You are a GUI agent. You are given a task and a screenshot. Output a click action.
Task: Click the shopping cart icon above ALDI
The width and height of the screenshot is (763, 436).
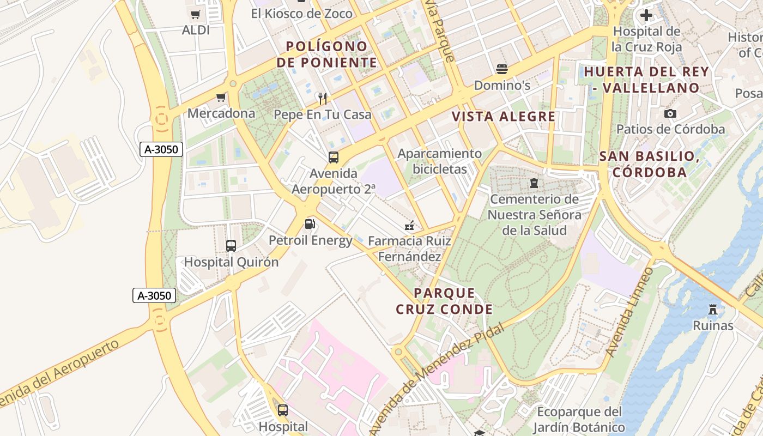click(195, 15)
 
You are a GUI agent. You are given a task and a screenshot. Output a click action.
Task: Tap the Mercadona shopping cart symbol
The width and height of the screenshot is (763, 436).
click(221, 98)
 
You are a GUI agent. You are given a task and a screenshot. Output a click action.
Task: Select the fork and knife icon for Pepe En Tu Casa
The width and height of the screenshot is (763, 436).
click(323, 99)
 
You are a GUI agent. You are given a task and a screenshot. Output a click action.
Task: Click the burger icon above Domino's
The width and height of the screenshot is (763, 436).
click(502, 69)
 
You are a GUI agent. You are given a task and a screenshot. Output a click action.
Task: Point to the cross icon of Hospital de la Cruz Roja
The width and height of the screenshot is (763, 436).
click(646, 15)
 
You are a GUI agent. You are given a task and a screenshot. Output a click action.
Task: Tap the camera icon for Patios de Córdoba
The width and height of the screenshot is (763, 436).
click(670, 113)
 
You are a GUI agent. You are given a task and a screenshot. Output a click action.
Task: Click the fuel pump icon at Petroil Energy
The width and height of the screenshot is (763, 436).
click(310, 224)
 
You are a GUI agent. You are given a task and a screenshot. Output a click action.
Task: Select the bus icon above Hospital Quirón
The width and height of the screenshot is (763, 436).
click(231, 246)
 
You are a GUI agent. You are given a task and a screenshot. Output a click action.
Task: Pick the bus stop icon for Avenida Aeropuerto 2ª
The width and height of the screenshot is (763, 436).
click(334, 158)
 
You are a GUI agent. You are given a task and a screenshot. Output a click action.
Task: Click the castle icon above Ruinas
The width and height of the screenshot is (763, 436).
click(713, 310)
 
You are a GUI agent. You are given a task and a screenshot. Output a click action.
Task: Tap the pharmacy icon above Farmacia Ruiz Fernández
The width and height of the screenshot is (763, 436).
click(409, 225)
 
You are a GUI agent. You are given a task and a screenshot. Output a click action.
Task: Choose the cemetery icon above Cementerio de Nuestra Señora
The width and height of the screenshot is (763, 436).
click(534, 183)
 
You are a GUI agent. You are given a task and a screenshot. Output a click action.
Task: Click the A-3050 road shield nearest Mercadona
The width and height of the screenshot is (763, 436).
click(161, 149)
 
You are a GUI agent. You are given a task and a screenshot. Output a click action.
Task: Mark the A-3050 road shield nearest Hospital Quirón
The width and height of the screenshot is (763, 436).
click(154, 296)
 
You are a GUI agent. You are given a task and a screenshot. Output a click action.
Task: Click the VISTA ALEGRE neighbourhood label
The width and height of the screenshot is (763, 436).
click(504, 117)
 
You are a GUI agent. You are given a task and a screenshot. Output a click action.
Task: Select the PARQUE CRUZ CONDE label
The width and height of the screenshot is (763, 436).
click(444, 301)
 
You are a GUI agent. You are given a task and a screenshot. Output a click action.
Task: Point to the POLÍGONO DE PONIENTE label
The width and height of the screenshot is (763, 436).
click(327, 55)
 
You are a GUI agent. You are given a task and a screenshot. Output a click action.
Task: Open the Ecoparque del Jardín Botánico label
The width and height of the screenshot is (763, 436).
click(579, 419)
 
